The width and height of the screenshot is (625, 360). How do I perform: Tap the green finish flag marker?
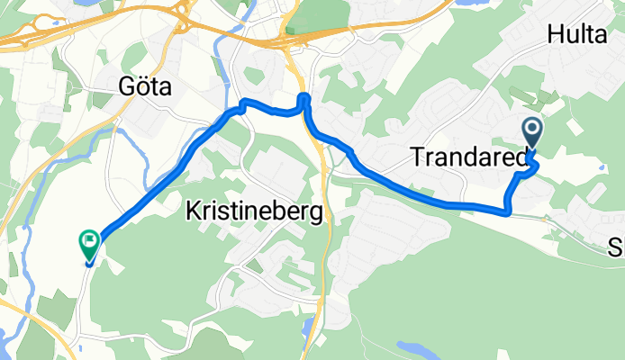pos(89,242)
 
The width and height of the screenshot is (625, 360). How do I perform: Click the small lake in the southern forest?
pos(412,346)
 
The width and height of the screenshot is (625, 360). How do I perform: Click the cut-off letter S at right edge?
pos(618,247)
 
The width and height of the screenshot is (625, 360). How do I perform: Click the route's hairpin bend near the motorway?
pos(303,96)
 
